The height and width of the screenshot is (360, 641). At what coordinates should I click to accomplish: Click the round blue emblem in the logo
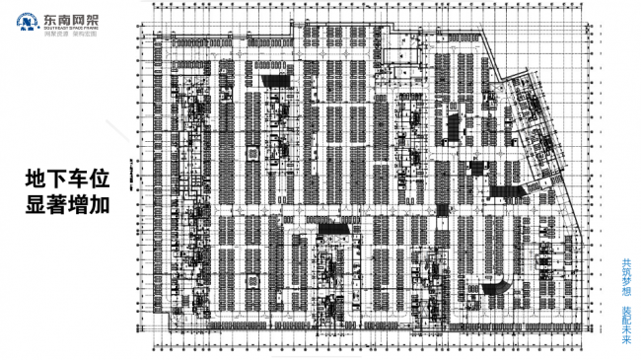26,22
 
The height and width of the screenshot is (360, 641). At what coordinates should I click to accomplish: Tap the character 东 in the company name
49,18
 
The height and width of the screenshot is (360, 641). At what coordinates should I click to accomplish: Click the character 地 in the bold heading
36,180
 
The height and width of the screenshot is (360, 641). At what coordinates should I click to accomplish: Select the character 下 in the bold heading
59,180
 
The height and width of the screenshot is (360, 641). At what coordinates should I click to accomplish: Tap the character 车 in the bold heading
82,180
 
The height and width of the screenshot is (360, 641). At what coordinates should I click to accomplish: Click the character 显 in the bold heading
36,206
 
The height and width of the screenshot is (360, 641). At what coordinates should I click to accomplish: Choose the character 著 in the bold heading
59,206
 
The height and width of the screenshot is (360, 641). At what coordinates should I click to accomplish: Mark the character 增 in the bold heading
82,206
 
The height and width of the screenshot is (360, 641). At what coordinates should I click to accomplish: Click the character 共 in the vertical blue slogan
626,263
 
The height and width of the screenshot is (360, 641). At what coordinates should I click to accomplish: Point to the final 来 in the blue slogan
626,341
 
